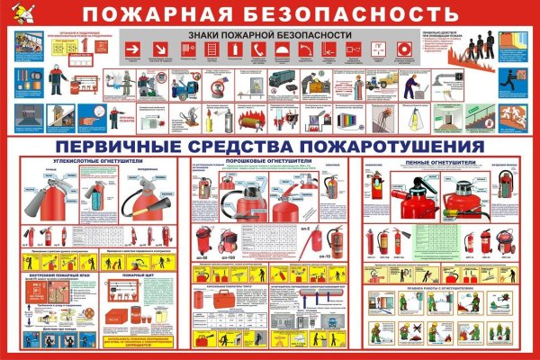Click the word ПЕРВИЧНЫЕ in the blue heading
(x=112, y=146)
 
